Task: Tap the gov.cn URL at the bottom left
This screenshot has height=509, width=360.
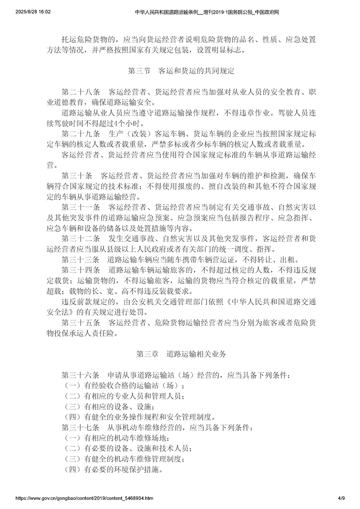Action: coord(78,498)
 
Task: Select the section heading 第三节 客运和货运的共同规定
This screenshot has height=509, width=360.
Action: coord(180,71)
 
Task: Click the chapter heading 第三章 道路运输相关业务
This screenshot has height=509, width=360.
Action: coord(180,354)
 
